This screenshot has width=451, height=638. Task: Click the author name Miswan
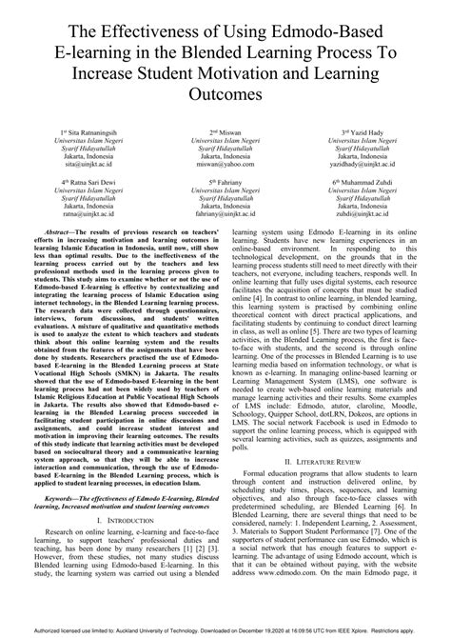228,130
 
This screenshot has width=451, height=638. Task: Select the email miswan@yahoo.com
226,165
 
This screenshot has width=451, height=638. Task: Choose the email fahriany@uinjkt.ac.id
226,215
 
